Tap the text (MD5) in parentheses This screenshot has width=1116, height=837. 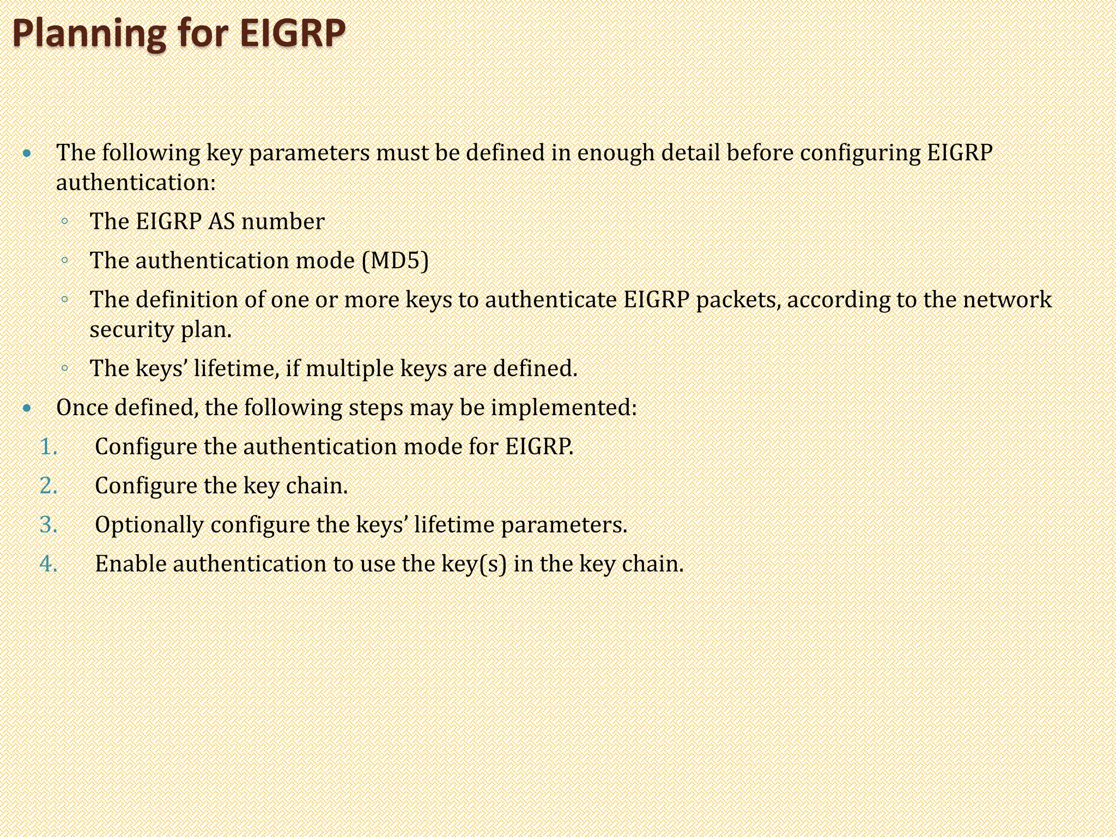395,260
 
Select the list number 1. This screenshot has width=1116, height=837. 48,447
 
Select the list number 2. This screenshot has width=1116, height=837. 48,486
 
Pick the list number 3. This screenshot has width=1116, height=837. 48,525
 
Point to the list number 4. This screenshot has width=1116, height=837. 48,564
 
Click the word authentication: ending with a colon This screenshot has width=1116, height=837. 136,183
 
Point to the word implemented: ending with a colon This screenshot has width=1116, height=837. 563,408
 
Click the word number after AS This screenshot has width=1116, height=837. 283,222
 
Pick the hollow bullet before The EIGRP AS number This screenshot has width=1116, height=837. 64,222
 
